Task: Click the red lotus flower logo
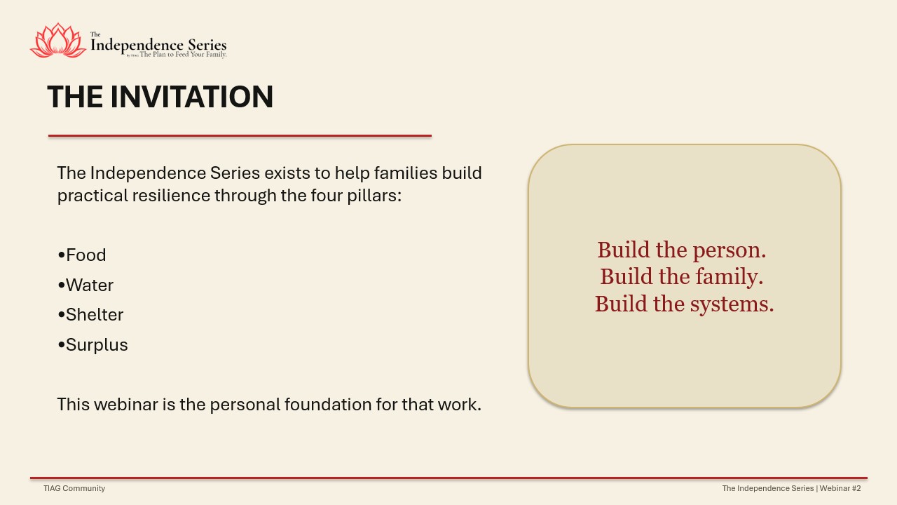(58, 41)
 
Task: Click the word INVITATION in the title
(192, 97)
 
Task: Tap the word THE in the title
(75, 97)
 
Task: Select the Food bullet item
(82, 255)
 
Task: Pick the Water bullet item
(85, 285)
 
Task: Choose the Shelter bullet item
(90, 315)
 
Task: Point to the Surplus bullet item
(93, 344)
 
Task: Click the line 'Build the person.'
(682, 250)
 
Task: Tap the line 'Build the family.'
(682, 276)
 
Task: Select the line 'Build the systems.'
(684, 304)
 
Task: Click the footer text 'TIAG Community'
(74, 488)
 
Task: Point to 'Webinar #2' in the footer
(840, 488)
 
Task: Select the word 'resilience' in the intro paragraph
(171, 196)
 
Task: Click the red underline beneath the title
(240, 136)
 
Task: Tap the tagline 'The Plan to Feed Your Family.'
(183, 55)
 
